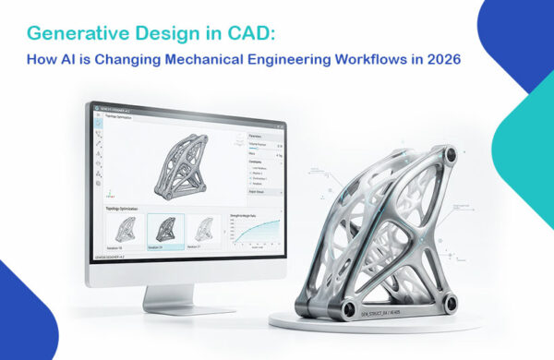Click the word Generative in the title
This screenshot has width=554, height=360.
point(71,35)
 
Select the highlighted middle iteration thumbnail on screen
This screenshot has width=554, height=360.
point(166,231)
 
